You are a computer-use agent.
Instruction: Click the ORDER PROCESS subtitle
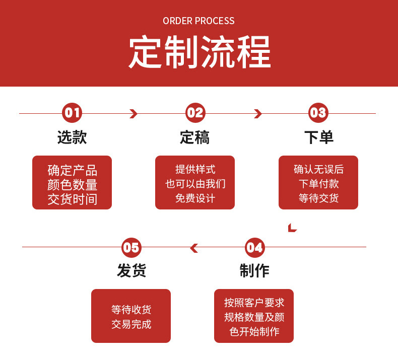[x=198, y=21]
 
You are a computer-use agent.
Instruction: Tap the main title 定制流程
[x=199, y=52]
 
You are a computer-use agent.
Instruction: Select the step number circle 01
[x=72, y=113]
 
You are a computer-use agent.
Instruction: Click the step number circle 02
[x=195, y=113]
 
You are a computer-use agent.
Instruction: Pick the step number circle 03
[x=318, y=113]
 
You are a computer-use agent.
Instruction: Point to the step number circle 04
[x=254, y=247]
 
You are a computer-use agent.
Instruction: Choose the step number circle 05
[x=131, y=247]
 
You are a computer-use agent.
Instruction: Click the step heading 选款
[x=72, y=137]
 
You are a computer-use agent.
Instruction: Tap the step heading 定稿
[x=195, y=137]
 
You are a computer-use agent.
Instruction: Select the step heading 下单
[x=318, y=137]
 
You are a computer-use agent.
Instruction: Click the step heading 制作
[x=254, y=271]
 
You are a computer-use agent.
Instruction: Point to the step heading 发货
[x=131, y=271]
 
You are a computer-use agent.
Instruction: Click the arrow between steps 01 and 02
[x=134, y=114]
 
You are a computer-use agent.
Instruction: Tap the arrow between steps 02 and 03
[x=258, y=114]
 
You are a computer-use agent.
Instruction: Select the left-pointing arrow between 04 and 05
[x=193, y=248]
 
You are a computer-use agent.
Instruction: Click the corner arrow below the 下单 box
[x=292, y=228]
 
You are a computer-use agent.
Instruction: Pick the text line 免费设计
[x=195, y=198]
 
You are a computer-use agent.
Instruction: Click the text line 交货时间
[x=72, y=199]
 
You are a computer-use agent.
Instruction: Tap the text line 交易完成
[x=131, y=324]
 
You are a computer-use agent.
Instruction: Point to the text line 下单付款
[x=318, y=184]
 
